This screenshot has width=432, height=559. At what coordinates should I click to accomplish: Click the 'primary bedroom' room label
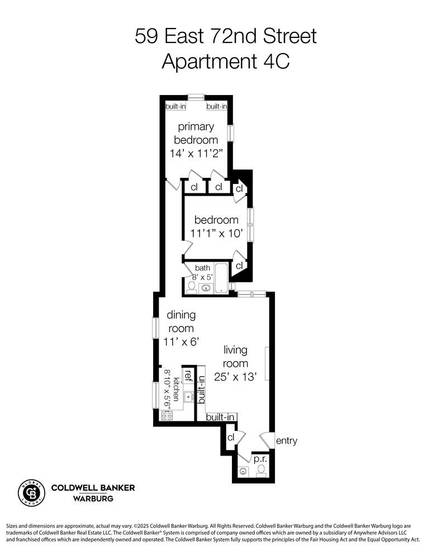(x=196, y=134)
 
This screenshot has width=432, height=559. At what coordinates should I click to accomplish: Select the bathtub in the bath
(x=222, y=277)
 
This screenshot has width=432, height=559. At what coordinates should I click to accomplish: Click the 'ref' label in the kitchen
(x=189, y=376)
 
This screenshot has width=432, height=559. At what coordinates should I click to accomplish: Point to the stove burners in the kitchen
(x=167, y=415)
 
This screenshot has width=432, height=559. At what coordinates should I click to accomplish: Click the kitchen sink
(x=188, y=396)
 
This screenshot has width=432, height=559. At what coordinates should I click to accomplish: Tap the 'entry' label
(x=286, y=441)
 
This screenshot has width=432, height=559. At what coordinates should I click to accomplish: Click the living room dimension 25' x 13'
(x=235, y=377)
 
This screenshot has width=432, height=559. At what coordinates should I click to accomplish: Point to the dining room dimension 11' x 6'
(x=179, y=341)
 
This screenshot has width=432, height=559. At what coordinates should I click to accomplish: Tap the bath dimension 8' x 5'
(x=202, y=276)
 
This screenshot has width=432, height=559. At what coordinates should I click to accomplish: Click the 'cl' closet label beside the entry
(x=230, y=437)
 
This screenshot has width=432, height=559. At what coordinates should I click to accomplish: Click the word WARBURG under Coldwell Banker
(x=93, y=498)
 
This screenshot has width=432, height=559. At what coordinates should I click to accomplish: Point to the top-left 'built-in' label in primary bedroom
(x=175, y=106)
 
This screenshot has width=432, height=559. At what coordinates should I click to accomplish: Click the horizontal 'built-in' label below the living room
(x=220, y=417)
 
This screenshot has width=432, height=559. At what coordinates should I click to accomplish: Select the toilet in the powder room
(x=260, y=471)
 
